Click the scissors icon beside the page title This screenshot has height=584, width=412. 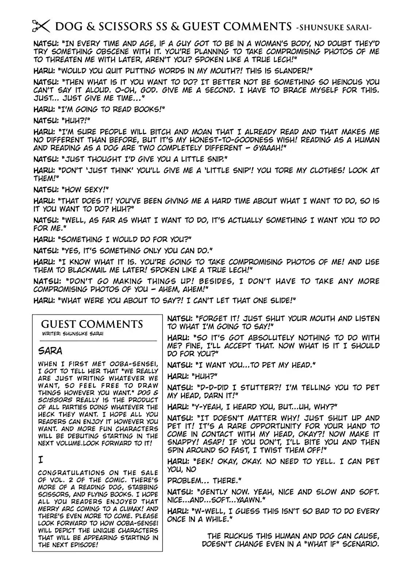click(x=41, y=26)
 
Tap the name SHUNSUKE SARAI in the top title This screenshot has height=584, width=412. click(x=340, y=27)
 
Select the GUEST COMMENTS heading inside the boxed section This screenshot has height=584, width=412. click(x=92, y=324)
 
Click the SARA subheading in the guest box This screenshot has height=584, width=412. click(x=50, y=351)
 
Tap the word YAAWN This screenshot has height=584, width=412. click(x=247, y=500)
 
